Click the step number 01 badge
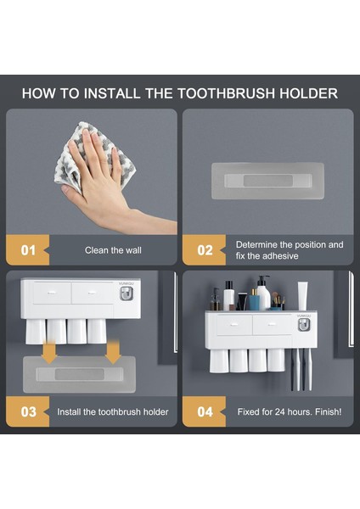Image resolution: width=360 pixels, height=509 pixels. click(28, 250)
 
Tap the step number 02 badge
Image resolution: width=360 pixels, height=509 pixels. click(204, 250)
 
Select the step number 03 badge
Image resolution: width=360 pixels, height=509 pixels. click(28, 411)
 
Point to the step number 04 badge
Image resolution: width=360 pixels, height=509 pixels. click(204, 411)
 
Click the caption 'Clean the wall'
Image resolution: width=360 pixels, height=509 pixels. click(113, 250)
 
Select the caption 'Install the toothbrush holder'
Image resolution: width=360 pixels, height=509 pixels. click(113, 412)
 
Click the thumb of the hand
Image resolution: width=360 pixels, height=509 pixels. click(71, 192)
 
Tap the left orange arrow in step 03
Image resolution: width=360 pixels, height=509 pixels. click(50, 352)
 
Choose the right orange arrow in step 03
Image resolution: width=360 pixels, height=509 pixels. click(113, 352)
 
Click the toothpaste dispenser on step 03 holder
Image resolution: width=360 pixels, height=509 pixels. click(127, 294)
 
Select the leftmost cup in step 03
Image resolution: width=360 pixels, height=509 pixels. click(36, 332)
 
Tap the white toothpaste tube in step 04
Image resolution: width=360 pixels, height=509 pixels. click(302, 296)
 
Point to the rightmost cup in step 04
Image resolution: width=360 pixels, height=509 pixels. click(276, 360)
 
